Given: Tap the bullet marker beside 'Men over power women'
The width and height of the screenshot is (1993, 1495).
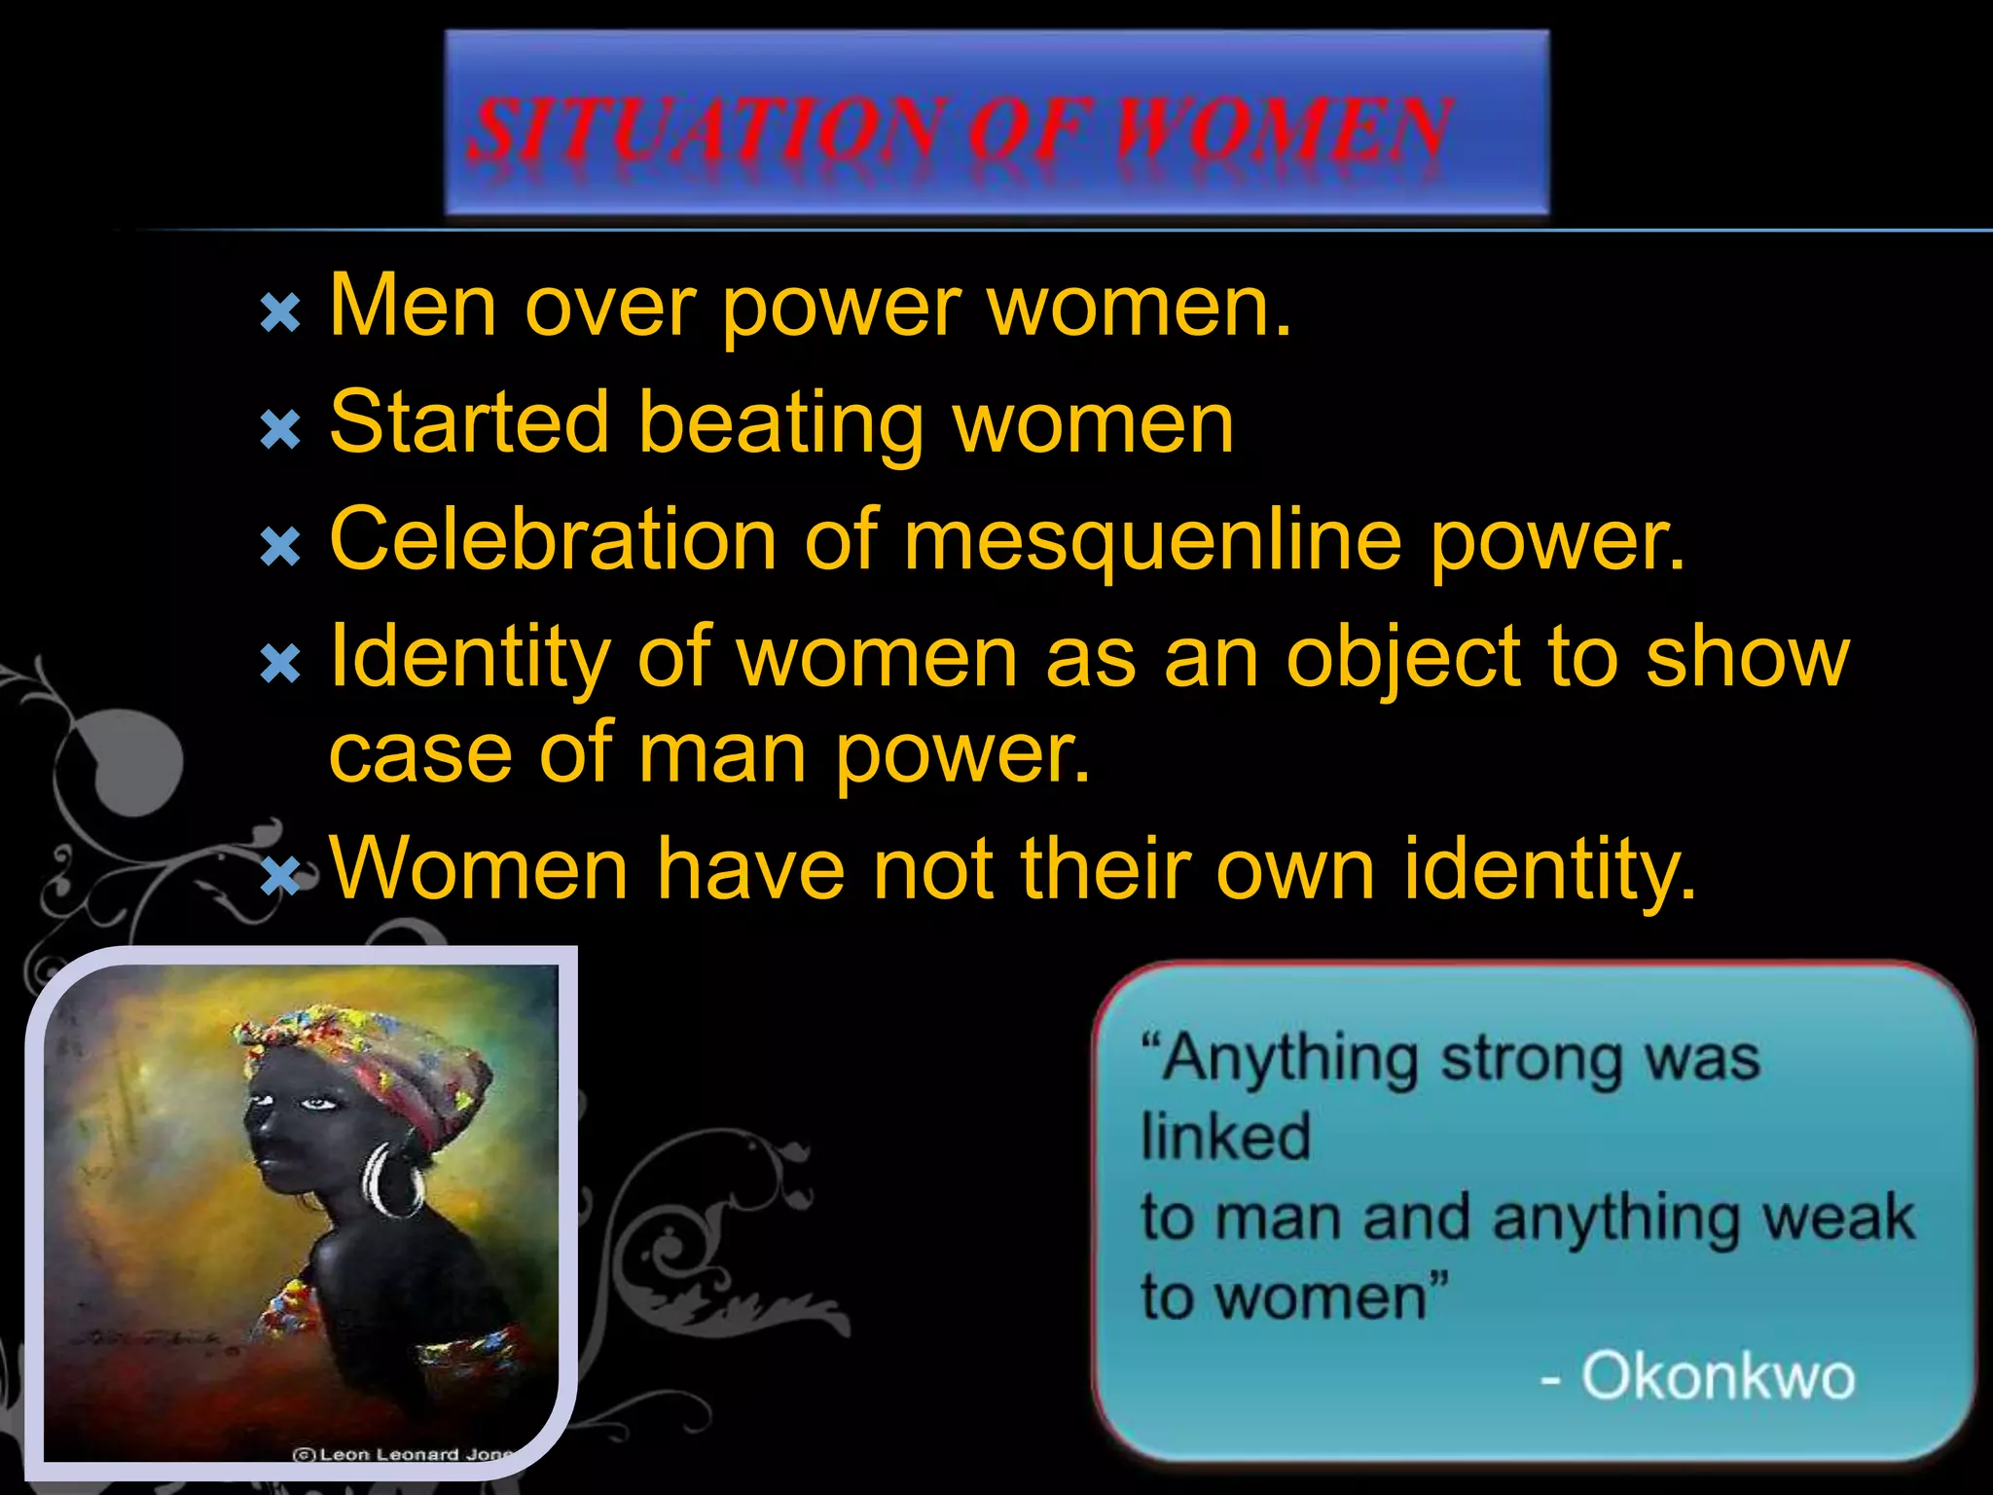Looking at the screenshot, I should pyautogui.click(x=280, y=313).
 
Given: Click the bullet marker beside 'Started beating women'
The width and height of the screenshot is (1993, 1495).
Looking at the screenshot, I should pyautogui.click(x=280, y=428).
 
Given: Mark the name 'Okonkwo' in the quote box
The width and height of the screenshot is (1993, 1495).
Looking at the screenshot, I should pyautogui.click(x=1717, y=1376).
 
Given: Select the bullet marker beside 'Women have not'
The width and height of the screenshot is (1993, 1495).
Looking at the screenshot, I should pyautogui.click(x=280, y=876).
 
